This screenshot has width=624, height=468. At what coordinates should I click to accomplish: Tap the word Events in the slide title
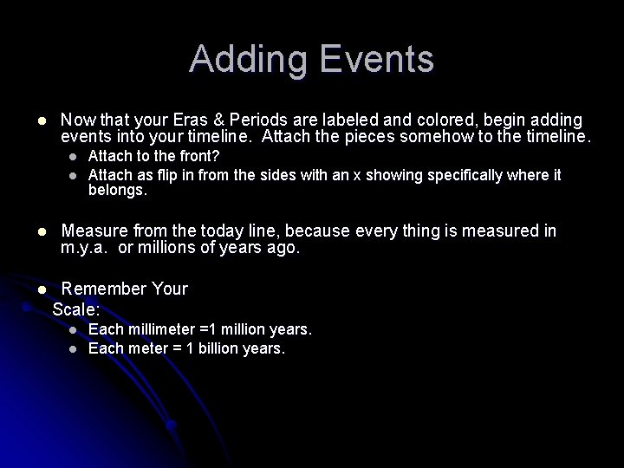point(374,60)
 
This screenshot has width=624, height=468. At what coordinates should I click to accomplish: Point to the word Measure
point(94,231)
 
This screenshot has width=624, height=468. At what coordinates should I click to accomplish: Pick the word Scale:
point(76,308)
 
